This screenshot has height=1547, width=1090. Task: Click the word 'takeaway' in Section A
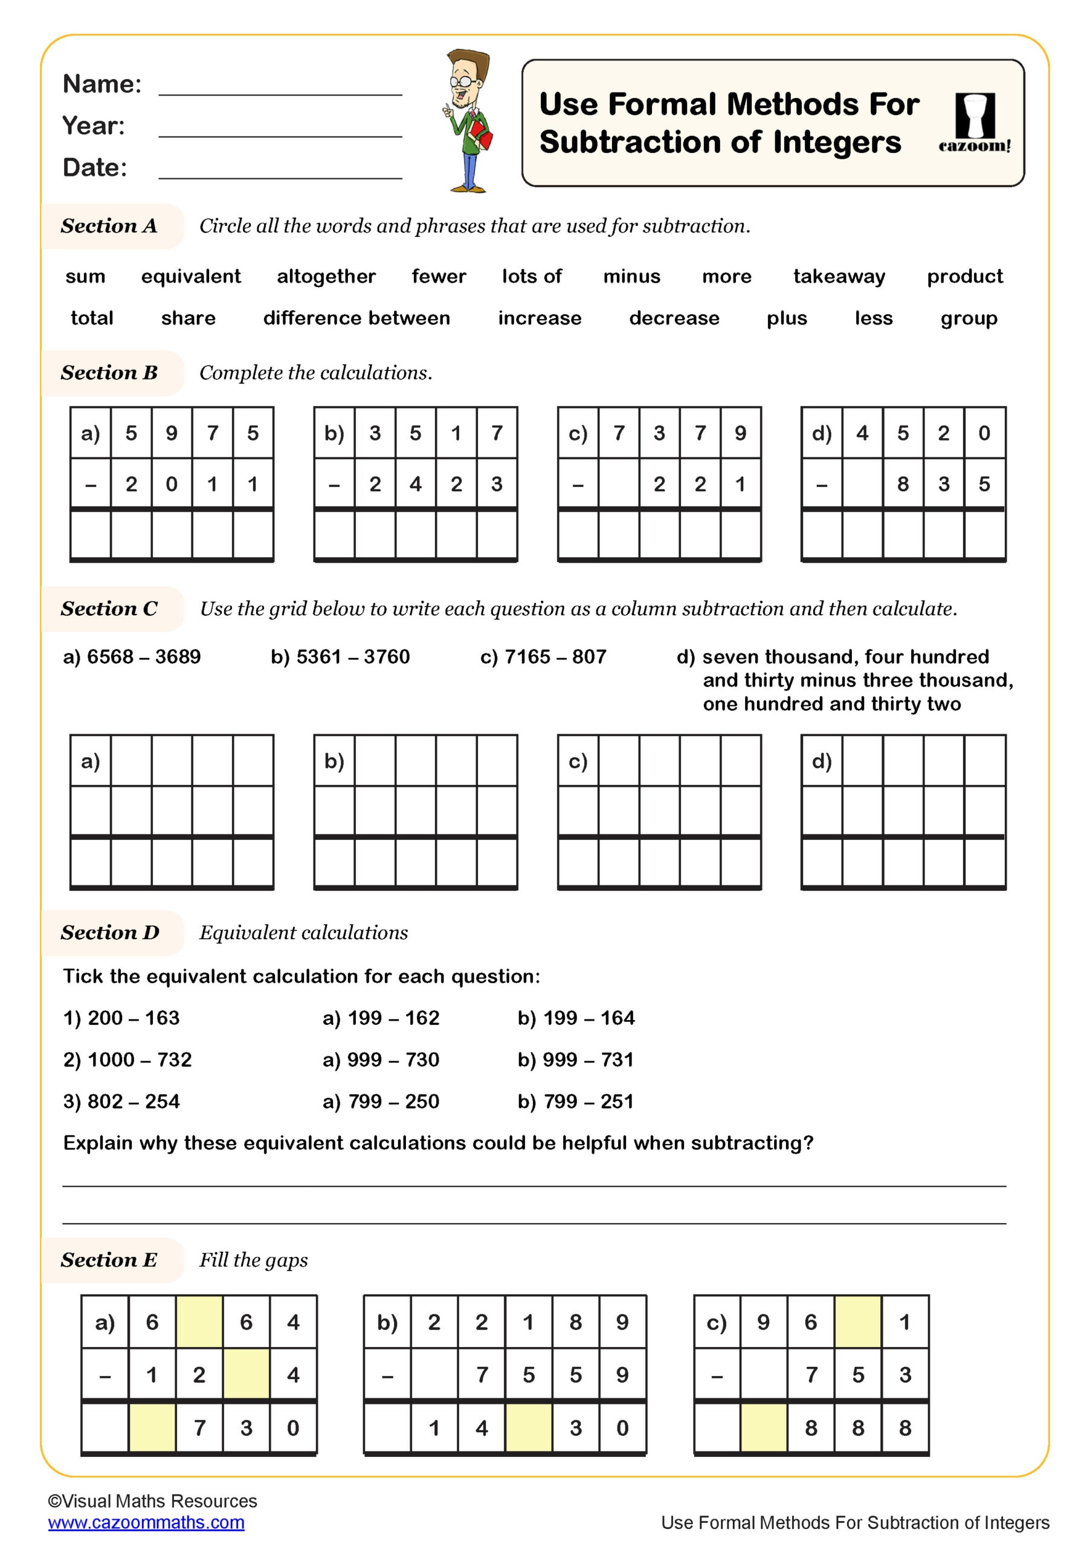[x=839, y=276]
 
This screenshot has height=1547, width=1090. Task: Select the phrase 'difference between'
[x=356, y=318]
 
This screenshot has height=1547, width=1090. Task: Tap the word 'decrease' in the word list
[x=674, y=318]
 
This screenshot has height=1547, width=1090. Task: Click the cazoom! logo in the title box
[x=974, y=123]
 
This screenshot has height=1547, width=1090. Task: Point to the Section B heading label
[x=109, y=373]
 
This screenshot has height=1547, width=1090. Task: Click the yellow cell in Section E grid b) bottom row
[x=528, y=1427]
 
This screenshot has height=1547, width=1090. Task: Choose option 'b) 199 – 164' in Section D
[x=575, y=1018]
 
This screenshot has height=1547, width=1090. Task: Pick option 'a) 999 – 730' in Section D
[x=381, y=1059]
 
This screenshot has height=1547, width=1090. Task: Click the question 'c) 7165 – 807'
[x=543, y=656]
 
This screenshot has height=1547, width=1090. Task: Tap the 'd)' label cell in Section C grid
[x=821, y=761]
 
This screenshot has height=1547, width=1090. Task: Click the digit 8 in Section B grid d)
[x=903, y=484]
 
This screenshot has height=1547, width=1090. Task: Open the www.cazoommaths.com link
[x=146, y=1522]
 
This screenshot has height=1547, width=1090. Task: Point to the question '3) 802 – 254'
[x=121, y=1101]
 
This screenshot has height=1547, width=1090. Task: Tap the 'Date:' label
[x=94, y=167]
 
